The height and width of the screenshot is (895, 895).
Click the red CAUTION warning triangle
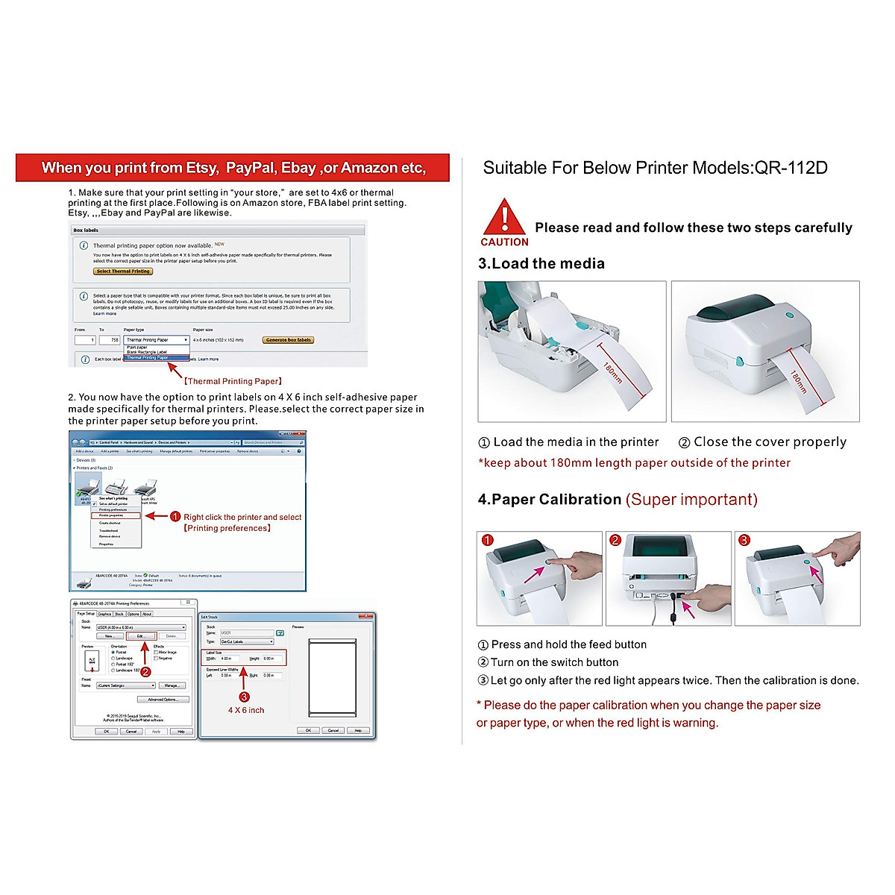[504, 218]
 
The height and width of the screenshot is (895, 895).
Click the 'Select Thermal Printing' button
[123, 271]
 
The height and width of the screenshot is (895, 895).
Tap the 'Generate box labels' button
[288, 340]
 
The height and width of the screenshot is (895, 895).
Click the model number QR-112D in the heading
[791, 168]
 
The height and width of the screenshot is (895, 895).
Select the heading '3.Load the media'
[541, 263]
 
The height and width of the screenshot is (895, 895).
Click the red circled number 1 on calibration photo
[488, 541]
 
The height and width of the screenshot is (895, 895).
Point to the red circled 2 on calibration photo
[616, 541]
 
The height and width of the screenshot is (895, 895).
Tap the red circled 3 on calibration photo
[744, 541]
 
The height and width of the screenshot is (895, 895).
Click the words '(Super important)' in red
[691, 500]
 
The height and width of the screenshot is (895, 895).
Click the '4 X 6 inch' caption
[246, 710]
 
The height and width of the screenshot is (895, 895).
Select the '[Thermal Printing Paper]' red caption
[233, 381]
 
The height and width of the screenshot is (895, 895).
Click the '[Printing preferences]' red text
[227, 528]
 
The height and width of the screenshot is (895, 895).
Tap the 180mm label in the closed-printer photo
[798, 381]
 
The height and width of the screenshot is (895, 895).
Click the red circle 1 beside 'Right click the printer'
[175, 516]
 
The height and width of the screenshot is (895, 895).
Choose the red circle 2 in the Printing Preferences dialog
[146, 671]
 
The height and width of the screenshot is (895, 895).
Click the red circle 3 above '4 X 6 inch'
[244, 697]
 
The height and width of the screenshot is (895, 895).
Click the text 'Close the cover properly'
[770, 442]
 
